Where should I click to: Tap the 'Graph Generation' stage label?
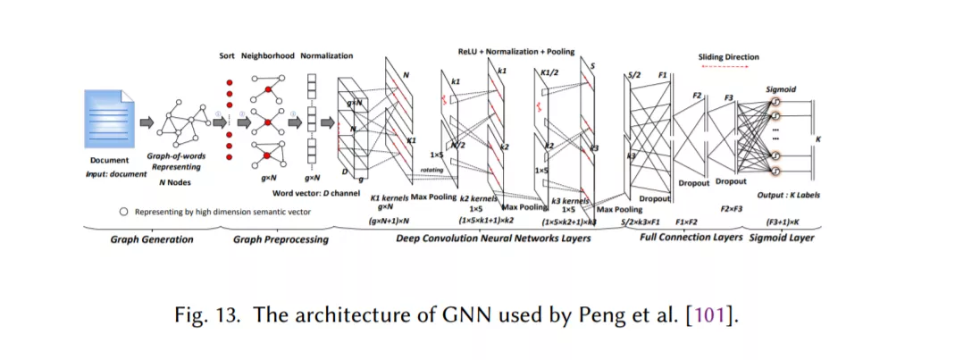pyautogui.click(x=151, y=239)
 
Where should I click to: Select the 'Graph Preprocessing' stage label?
pyautogui.click(x=281, y=239)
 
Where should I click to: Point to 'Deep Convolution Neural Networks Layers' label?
pyautogui.click(x=493, y=239)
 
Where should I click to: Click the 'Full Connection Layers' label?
pyautogui.click(x=691, y=238)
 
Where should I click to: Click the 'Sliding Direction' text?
pyautogui.click(x=728, y=57)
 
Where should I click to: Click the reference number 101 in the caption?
pyautogui.click(x=720, y=315)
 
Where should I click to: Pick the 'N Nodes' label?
pyautogui.click(x=176, y=181)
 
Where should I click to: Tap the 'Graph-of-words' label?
pyautogui.click(x=176, y=156)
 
